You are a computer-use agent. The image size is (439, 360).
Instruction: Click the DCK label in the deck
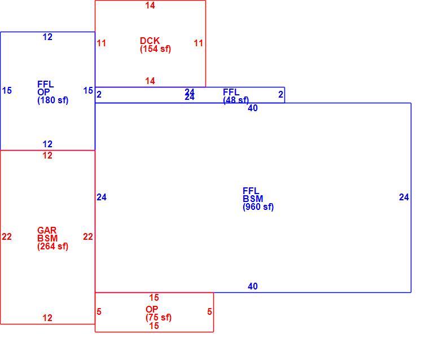(150, 41)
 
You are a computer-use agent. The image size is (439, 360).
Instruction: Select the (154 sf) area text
(155, 49)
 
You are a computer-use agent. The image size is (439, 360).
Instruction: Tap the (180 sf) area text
(53, 100)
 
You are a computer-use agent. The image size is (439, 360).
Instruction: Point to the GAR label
(47, 230)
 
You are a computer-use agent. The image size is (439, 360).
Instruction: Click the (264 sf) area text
(53, 247)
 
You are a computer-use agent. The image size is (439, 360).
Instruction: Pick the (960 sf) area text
(258, 207)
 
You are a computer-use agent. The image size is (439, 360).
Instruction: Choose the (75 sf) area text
(159, 318)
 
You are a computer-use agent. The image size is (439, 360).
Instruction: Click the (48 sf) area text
(236, 100)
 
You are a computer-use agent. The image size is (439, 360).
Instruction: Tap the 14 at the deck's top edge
(150, 5)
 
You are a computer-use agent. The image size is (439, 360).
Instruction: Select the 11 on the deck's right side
(199, 43)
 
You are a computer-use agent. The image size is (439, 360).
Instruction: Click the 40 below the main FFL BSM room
(253, 287)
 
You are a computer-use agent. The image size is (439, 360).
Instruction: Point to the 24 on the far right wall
(403, 197)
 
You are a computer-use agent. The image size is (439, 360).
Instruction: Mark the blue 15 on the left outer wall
(7, 91)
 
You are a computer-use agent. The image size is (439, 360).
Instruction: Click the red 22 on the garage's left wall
(7, 237)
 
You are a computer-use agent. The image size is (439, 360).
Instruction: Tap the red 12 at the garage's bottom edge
(47, 318)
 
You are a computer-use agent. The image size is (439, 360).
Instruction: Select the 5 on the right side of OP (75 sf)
(210, 312)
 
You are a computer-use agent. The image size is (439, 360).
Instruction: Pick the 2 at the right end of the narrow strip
(280, 95)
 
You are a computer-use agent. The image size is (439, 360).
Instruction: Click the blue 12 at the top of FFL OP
(47, 37)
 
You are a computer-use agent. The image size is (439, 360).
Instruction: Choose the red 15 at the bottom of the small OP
(154, 326)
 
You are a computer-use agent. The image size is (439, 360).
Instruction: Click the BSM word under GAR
(47, 238)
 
